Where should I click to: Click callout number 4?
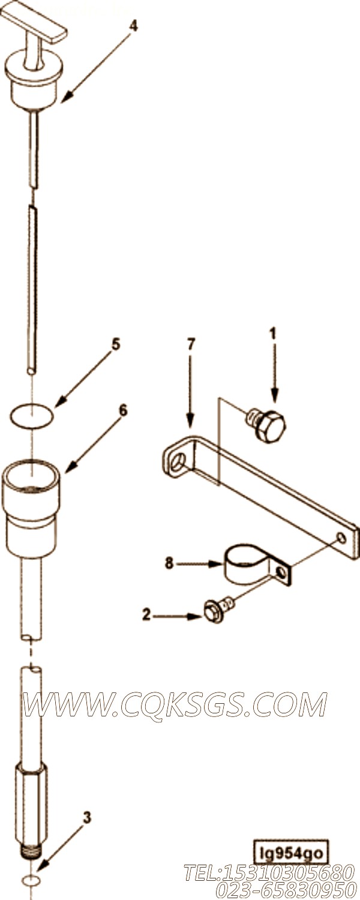point(133,26)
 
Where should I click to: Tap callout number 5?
point(116,345)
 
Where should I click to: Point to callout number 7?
point(190,344)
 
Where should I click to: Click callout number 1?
point(273,334)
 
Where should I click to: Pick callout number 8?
point(169,563)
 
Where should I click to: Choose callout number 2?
point(146,614)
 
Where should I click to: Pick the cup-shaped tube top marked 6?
point(31,508)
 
